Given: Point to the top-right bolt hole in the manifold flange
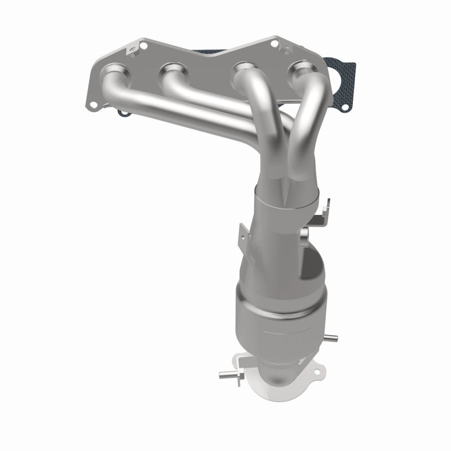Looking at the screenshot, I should (x=274, y=43).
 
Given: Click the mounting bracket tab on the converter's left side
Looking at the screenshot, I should (x=243, y=232).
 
